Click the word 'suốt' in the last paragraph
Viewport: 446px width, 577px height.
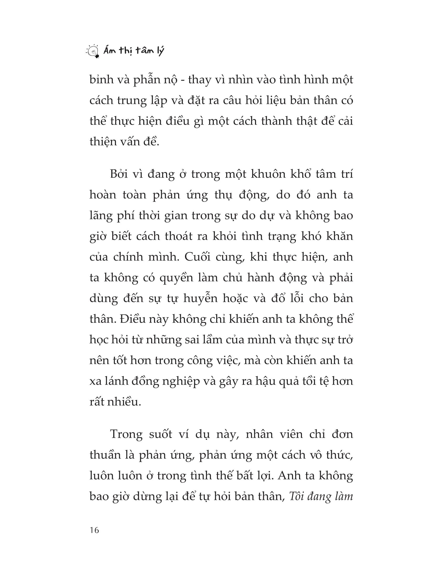tap(160, 435)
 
